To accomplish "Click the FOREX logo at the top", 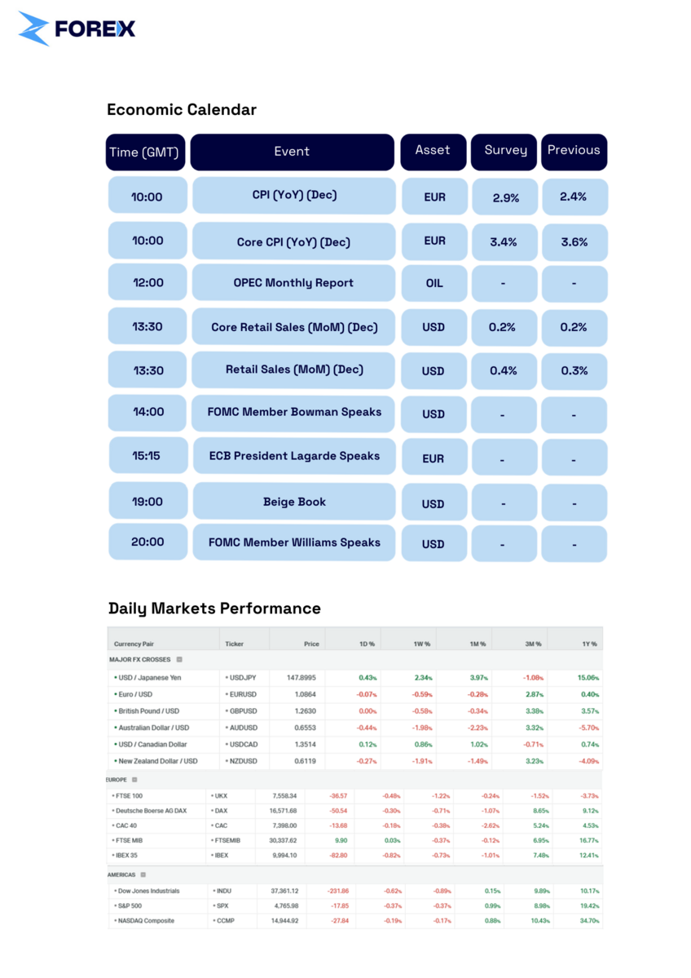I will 77,29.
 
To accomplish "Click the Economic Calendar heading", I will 181,109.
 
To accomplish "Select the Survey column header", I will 504,151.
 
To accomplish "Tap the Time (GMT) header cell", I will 147,152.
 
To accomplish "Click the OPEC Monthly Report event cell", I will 293,283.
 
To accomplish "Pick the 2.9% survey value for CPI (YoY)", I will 505,197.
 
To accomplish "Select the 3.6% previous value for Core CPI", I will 574,242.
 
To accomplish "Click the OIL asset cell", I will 434,283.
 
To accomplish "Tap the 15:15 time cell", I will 147,455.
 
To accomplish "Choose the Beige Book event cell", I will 293,502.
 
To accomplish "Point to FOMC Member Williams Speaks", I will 293,542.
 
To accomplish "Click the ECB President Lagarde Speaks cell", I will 293,456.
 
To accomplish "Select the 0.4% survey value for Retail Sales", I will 504,370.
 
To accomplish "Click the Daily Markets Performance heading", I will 214,608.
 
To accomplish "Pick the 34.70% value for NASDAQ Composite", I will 588,921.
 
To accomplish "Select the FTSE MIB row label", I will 130,840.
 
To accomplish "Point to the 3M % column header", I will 533,644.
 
